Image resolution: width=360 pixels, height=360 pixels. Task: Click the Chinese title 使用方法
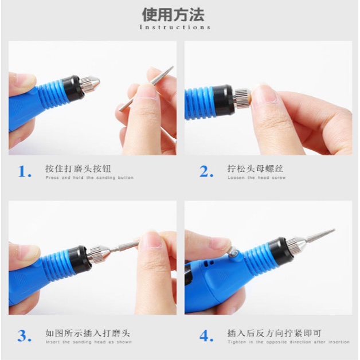pyautogui.click(x=181, y=14)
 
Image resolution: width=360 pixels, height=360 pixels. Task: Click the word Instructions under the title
pyautogui.click(x=175, y=27)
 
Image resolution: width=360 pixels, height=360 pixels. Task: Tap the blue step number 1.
pyautogui.click(x=25, y=171)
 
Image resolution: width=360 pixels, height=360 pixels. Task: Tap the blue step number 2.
pyautogui.click(x=206, y=171)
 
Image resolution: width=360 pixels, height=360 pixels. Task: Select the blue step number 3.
pyautogui.click(x=25, y=336)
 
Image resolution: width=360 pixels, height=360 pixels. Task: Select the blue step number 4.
pyautogui.click(x=206, y=336)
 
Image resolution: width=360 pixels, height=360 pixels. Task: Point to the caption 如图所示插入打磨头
pyautogui.click(x=88, y=333)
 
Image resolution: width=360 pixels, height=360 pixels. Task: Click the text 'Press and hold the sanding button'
pyautogui.click(x=89, y=178)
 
